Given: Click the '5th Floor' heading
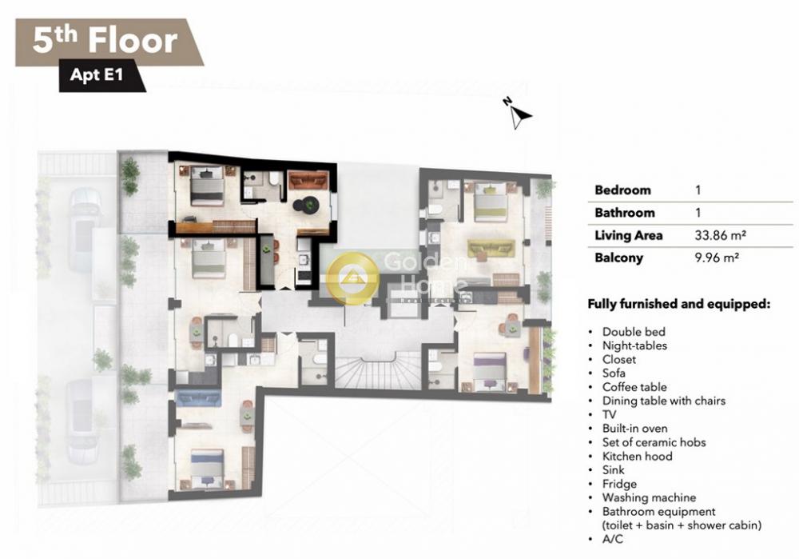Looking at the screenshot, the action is coord(105,40).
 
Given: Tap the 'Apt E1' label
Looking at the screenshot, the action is coord(97,75).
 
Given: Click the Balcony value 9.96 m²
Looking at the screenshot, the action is coord(717,258).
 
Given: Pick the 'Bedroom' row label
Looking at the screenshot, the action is coord(622,190).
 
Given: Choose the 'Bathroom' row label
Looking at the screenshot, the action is coord(625,213).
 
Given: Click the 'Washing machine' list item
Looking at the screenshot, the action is coord(649,497).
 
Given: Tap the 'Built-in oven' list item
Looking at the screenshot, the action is coord(635,429).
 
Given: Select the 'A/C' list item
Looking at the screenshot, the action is coord(613,539).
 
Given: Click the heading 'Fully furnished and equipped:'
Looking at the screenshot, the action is coord(678,304).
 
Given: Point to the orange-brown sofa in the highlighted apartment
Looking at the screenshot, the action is coord(308,180).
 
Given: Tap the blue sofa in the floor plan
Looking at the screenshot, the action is coord(197,397).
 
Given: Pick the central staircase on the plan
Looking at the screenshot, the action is coord(378,373).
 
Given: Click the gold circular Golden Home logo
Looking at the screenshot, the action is coord(352,278).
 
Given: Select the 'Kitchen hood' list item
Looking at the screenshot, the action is coord(638,456).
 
